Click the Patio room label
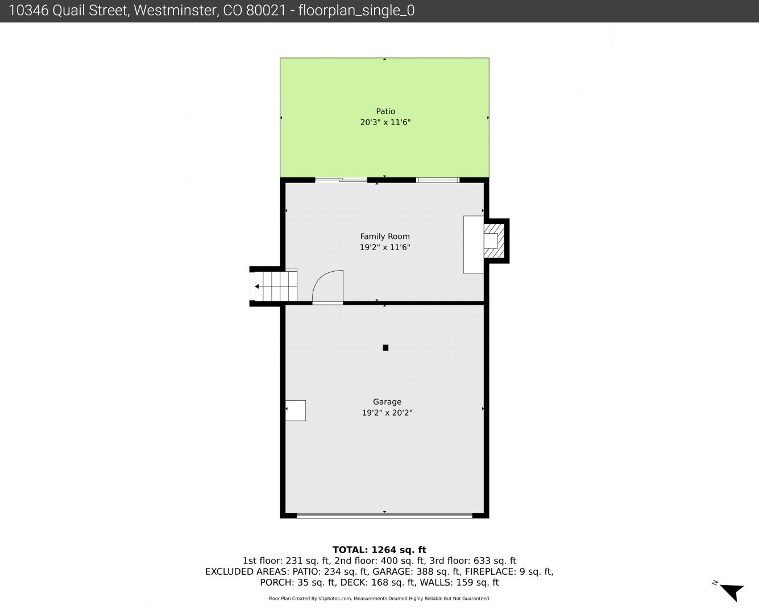[x=385, y=111]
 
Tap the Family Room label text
[x=385, y=237]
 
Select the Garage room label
[x=387, y=401]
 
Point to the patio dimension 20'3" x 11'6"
[x=385, y=122]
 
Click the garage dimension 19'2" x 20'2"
[x=387, y=413]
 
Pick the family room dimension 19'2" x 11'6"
[x=385, y=247]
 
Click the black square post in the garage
[x=385, y=347]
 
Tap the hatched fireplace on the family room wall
[x=494, y=241]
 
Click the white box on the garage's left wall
[x=296, y=410]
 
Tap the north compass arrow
[x=732, y=592]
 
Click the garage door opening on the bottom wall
[x=384, y=515]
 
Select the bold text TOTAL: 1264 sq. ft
[x=379, y=550]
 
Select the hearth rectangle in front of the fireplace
[x=474, y=244]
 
